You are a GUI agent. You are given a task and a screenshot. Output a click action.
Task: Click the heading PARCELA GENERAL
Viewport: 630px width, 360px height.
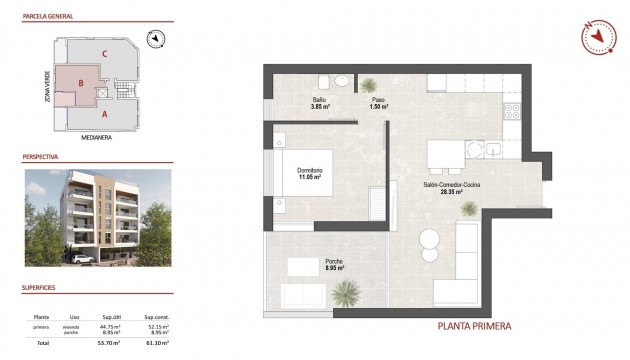50,17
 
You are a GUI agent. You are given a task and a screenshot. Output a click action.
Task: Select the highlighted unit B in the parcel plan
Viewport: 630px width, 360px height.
75,85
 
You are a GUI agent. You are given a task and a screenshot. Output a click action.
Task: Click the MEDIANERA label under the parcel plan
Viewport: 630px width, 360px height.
96,137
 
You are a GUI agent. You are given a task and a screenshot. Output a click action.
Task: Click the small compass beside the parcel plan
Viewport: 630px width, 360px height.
155,39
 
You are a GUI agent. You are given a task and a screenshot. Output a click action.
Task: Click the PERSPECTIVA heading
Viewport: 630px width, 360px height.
41,157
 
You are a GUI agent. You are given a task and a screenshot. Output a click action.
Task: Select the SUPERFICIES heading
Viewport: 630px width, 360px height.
41,286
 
